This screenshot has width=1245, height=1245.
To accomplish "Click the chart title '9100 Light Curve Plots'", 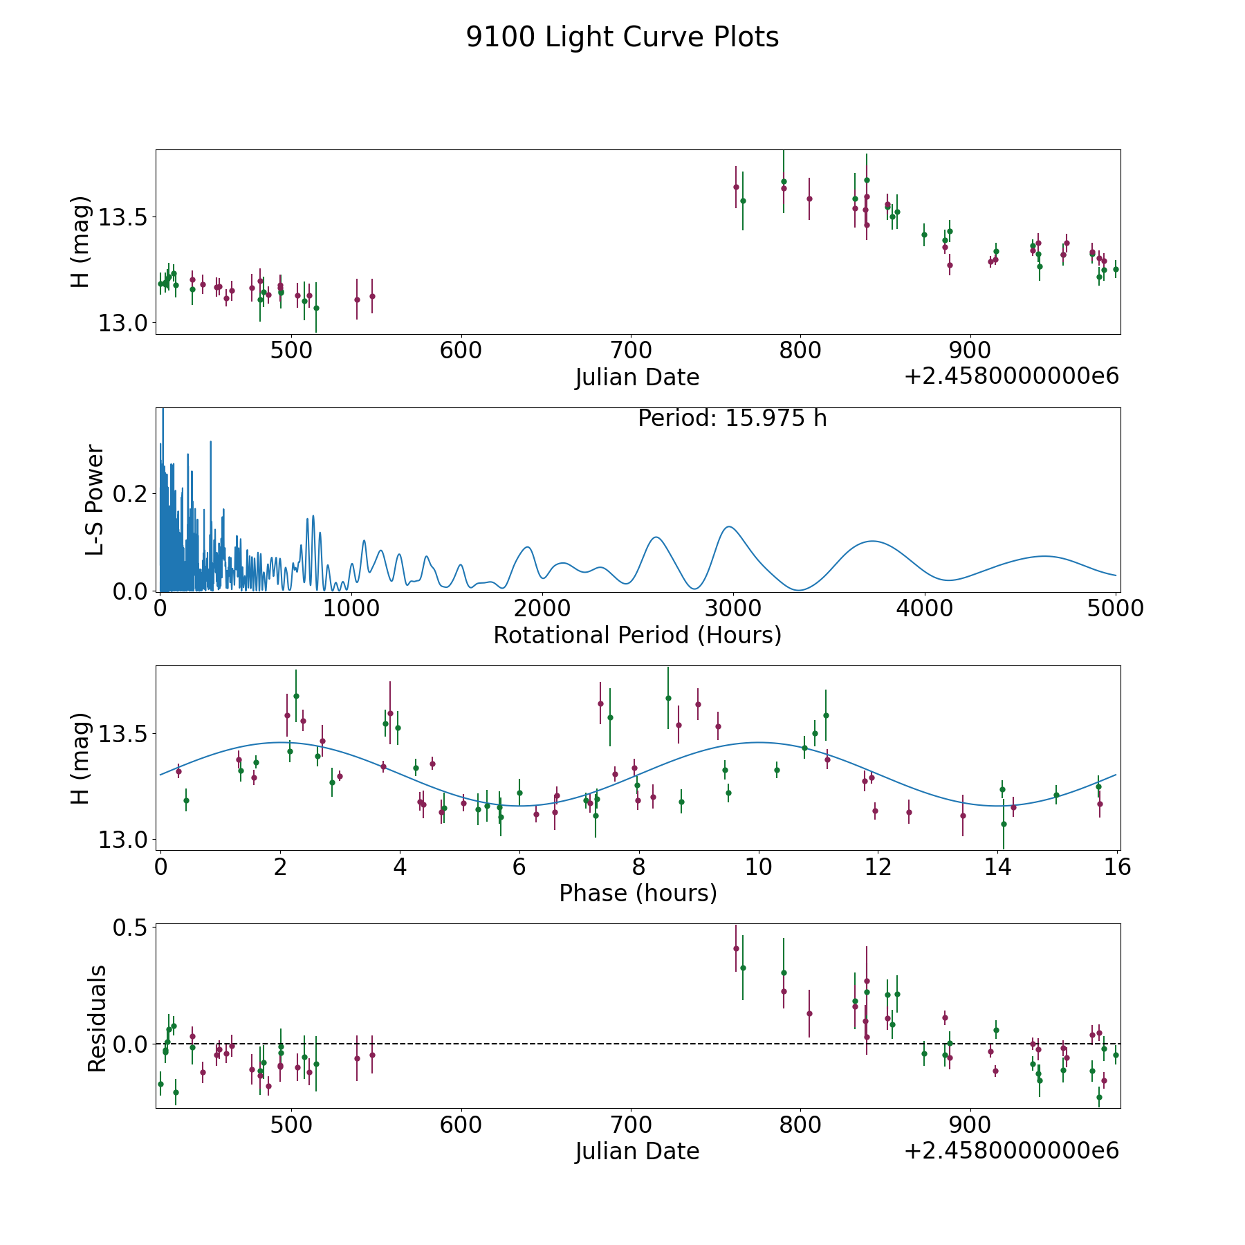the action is tap(622, 37).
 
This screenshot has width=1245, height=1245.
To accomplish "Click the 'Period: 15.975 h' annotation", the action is tap(732, 418).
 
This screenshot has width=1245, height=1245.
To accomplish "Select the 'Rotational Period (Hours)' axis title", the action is tap(638, 635).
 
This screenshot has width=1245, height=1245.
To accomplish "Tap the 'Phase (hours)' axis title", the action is tap(638, 893).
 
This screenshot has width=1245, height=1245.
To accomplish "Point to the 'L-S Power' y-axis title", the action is tap(95, 500).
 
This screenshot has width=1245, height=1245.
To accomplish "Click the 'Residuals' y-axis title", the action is tap(97, 1019).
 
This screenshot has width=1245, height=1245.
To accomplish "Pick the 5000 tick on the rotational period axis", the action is tap(1116, 608).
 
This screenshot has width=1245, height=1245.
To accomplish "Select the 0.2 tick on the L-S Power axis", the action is tap(130, 494).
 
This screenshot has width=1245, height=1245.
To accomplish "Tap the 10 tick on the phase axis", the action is tap(759, 867).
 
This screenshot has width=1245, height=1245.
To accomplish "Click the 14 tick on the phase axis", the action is tap(998, 867).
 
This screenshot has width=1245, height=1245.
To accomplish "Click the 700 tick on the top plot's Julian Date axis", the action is tap(631, 350).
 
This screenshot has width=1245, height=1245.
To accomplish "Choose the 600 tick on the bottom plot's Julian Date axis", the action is tap(461, 1125).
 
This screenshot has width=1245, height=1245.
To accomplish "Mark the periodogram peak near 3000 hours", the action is tap(728, 527).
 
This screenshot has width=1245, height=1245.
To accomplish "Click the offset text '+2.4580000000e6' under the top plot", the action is tap(1011, 377).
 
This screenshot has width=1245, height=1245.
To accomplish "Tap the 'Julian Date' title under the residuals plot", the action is tap(638, 1152).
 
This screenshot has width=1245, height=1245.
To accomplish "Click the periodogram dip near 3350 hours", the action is tap(798, 590).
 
